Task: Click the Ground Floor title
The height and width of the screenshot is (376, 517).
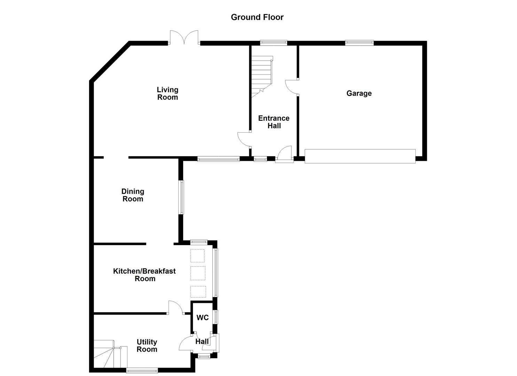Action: click(257, 17)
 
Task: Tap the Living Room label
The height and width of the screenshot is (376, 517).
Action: click(167, 94)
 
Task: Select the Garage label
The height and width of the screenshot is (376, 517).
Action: click(359, 93)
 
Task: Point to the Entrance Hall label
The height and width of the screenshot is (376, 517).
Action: click(274, 122)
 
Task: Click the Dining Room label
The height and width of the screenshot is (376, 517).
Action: click(133, 195)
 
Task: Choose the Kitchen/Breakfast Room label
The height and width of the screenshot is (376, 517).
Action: click(144, 275)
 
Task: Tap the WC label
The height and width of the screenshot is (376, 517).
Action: click(202, 318)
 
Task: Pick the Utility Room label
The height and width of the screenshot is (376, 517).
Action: click(147, 346)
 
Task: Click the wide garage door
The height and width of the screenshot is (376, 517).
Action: click(360, 156)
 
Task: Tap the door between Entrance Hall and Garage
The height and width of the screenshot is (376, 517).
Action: click(292, 87)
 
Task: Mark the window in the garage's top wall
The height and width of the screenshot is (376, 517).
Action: click(359, 43)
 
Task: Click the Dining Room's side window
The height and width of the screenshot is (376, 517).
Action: click(181, 197)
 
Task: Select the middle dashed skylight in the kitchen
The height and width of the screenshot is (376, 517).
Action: click(198, 273)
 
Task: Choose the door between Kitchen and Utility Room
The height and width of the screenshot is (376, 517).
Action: click(175, 308)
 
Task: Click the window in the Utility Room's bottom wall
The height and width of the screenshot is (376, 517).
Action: click(142, 371)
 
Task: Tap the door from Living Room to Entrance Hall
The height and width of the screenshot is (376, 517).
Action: click(244, 139)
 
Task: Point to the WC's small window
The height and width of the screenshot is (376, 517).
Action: click(216, 317)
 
